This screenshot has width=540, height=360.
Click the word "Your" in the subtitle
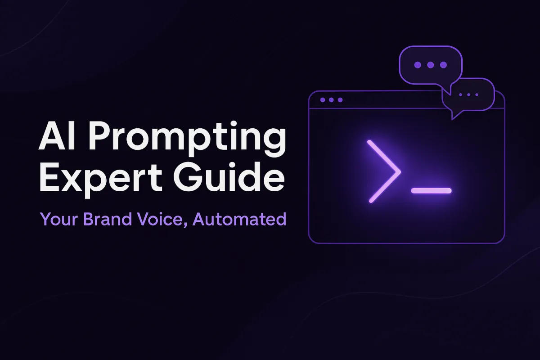click(x=56, y=220)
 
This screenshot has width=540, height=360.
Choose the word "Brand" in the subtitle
click(x=102, y=219)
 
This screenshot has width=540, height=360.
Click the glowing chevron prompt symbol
click(x=383, y=171)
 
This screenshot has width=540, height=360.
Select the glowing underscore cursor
click(x=431, y=191)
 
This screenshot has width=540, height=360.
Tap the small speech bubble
click(x=470, y=95)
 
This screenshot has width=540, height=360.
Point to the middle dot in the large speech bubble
click(x=431, y=65)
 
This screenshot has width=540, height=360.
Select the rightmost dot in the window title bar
click(x=340, y=100)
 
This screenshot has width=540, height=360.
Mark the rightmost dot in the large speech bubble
click(x=443, y=65)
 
